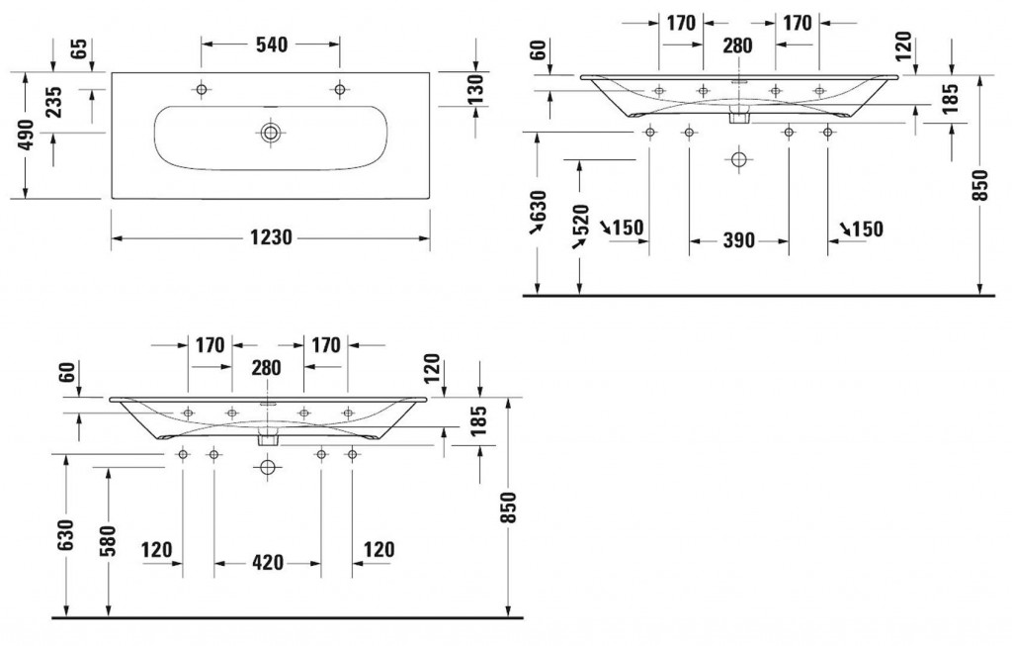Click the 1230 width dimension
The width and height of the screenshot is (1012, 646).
pyautogui.click(x=269, y=238)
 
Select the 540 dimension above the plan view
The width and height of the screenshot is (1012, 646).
pyautogui.click(x=271, y=44)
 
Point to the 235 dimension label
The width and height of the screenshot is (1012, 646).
pyautogui.click(x=53, y=103)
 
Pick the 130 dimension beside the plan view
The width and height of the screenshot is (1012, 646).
pyautogui.click(x=474, y=90)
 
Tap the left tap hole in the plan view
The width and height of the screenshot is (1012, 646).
pyautogui.click(x=202, y=90)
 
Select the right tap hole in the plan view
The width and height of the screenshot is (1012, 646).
pyautogui.click(x=339, y=90)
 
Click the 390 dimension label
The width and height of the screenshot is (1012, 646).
pyautogui.click(x=738, y=239)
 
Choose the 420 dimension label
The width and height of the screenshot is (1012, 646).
pyautogui.click(x=267, y=563)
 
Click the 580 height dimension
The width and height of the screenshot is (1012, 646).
pyautogui.click(x=110, y=539)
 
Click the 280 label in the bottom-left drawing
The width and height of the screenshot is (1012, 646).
pyautogui.click(x=266, y=368)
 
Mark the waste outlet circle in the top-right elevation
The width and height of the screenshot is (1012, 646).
pyautogui.click(x=738, y=158)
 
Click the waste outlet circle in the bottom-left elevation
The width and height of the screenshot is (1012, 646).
pyautogui.click(x=267, y=467)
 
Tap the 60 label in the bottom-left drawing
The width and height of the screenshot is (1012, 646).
pyautogui.click(x=66, y=373)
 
